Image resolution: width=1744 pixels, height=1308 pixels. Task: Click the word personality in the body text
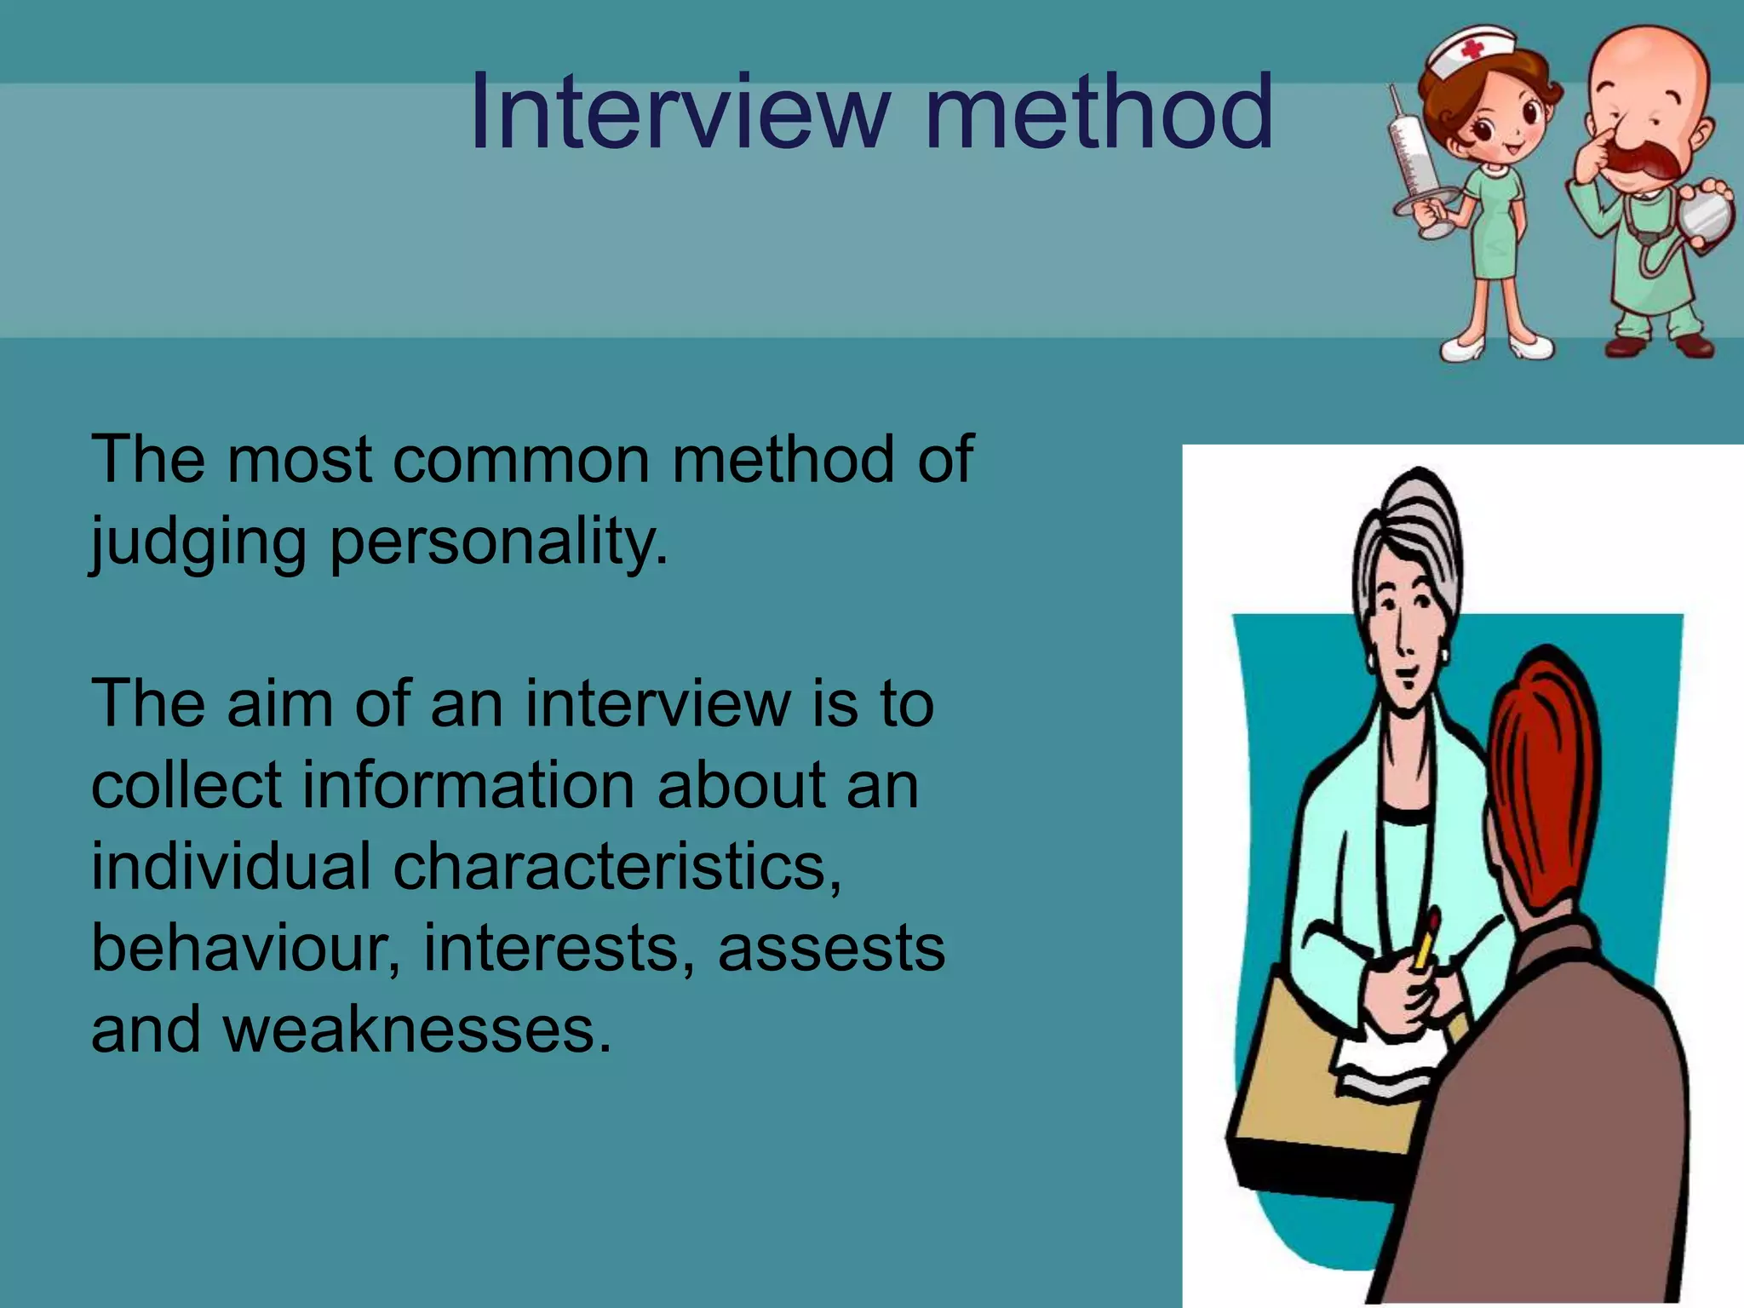(x=498, y=542)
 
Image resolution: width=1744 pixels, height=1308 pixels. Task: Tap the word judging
(x=198, y=542)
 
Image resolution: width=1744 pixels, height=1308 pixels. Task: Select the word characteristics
(x=617, y=866)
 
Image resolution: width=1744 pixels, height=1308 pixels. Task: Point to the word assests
(x=831, y=948)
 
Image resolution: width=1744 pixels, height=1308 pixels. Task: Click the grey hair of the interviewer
(x=1405, y=528)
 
